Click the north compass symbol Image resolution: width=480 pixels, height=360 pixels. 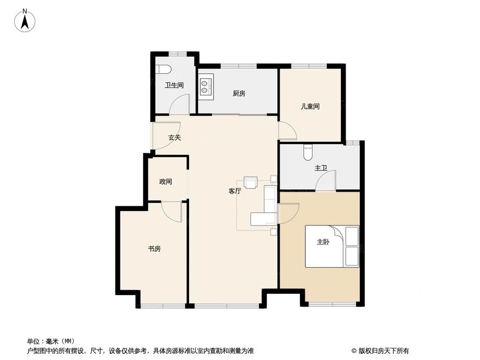(24, 21)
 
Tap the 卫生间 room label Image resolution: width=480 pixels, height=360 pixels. (174, 85)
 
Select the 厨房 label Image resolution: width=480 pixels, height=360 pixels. (239, 94)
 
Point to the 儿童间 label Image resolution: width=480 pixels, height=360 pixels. (310, 107)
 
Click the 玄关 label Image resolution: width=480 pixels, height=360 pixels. (174, 137)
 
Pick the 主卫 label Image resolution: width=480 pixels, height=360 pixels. (321, 168)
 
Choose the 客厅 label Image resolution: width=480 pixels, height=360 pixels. (235, 191)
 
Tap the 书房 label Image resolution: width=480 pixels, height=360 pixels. (154, 249)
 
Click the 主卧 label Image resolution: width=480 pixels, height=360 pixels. (323, 242)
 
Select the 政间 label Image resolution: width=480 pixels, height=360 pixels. (166, 182)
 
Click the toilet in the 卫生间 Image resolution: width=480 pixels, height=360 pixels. (163, 69)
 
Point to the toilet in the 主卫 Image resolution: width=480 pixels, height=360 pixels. (308, 152)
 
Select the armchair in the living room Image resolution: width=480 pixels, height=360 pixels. (251, 182)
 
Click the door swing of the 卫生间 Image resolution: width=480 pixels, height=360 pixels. (182, 105)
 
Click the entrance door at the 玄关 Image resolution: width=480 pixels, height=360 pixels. (166, 137)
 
